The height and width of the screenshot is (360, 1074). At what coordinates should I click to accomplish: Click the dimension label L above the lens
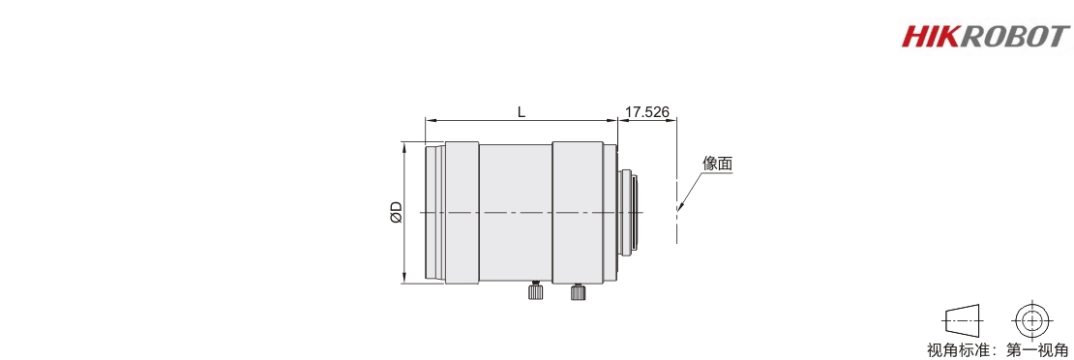522,111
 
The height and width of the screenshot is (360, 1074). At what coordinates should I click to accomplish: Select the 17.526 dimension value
647,111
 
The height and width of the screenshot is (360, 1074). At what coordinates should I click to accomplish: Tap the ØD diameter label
395,213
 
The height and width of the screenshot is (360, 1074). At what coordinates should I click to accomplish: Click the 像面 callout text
718,164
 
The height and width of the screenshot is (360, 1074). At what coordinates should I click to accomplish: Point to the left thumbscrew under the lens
536,291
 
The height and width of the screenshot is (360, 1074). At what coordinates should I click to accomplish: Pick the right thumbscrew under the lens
578,291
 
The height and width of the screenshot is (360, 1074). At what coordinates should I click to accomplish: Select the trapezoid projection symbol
963,319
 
